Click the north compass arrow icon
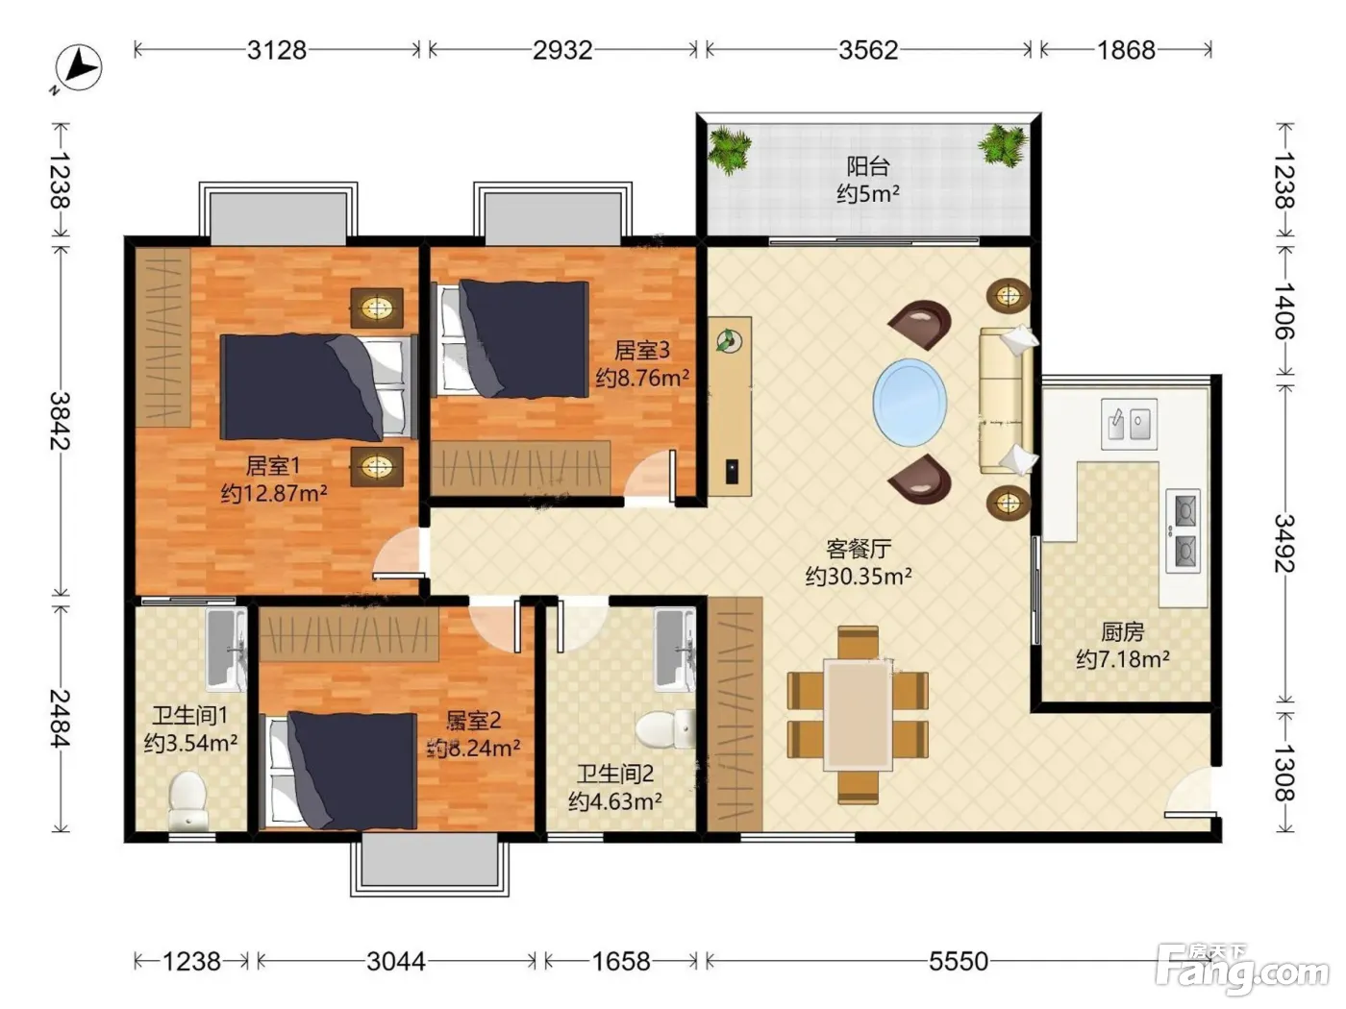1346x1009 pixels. click(79, 68)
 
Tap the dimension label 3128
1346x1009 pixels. click(277, 50)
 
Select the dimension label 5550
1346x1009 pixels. click(959, 961)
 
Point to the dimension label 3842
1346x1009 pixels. click(61, 421)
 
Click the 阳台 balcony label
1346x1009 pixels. click(868, 166)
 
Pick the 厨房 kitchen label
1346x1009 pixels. click(1122, 631)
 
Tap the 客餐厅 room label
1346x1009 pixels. click(859, 549)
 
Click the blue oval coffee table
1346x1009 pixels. click(910, 403)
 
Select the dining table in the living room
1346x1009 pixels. click(858, 714)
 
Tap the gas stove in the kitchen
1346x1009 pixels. click(1183, 530)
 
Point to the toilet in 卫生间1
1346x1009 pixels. click(187, 800)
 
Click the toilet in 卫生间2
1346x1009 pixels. click(665, 729)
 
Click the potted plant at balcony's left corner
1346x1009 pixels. click(729, 149)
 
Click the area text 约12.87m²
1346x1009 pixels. click(274, 493)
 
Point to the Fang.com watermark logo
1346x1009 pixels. click(1242, 970)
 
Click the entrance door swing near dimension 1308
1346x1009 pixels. click(1189, 792)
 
